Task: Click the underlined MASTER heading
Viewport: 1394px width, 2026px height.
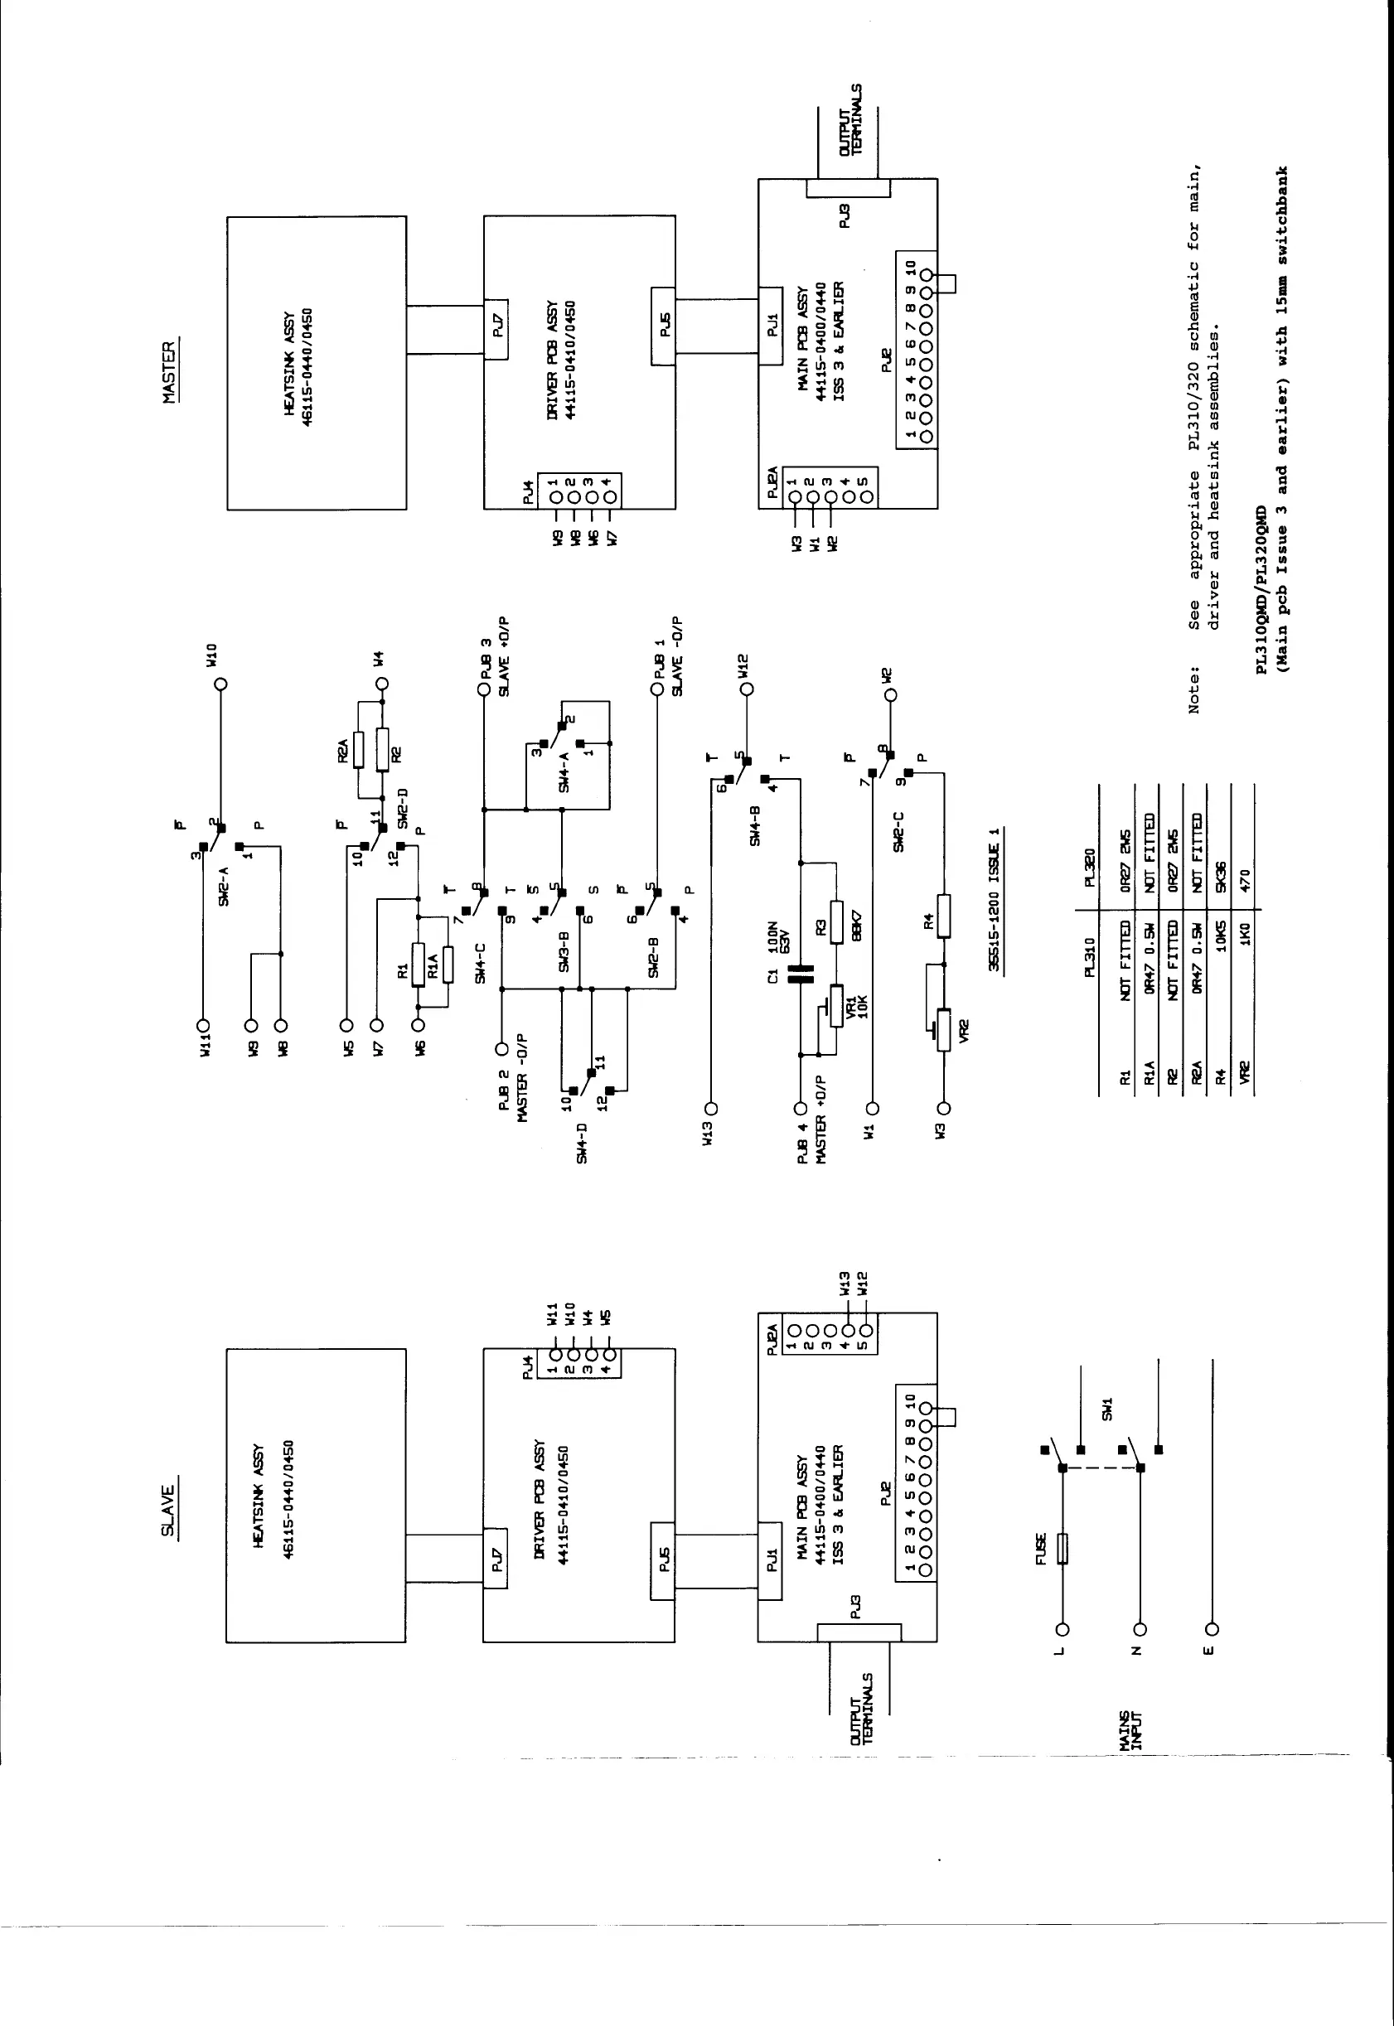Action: pos(169,372)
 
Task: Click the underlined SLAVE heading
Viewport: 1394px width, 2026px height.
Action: pos(167,1510)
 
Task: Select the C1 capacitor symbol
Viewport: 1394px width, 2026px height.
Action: pos(800,973)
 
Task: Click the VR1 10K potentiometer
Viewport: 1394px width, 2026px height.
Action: pos(836,1007)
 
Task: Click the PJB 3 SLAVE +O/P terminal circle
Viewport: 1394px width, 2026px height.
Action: pos(483,690)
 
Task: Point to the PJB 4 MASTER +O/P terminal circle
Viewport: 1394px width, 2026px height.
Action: pos(799,1108)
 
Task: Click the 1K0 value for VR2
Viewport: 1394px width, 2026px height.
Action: pos(1246,936)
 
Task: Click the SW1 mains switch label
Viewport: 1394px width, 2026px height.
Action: pos(1106,1409)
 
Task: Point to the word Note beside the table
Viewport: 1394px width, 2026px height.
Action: pos(1193,690)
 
